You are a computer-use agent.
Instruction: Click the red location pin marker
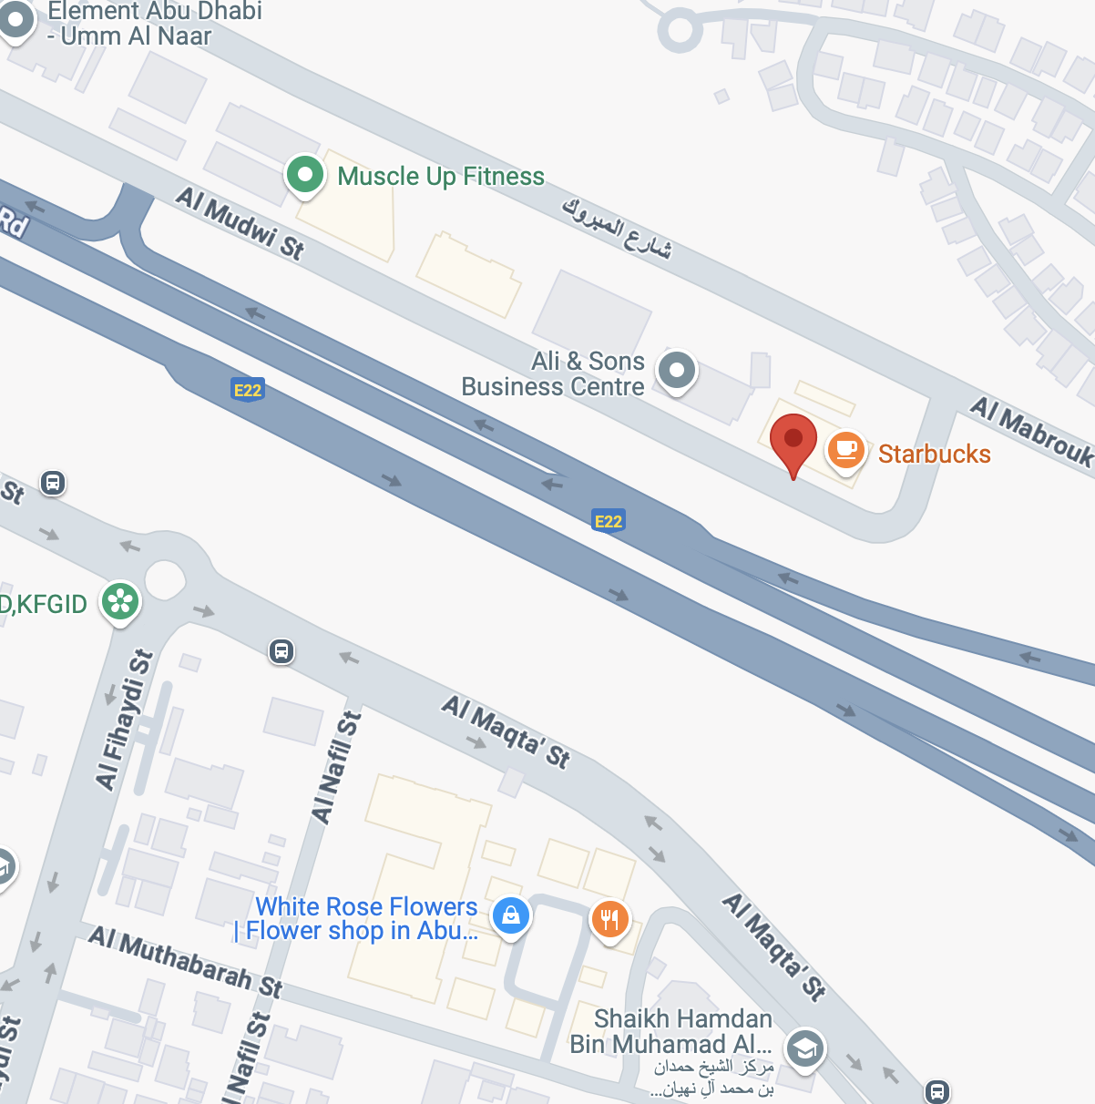(793, 441)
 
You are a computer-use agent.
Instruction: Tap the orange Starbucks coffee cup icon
(845, 450)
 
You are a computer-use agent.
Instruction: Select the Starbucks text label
(934, 454)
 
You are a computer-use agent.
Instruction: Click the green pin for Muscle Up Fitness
(305, 175)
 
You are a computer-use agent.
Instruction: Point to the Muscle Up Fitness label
(441, 176)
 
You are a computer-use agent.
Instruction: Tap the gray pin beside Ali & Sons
(676, 371)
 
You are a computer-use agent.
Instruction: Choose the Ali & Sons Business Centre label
(553, 374)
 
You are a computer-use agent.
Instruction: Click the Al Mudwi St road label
(240, 222)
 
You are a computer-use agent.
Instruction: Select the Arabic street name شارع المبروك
(617, 229)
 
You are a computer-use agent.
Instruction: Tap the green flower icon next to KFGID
(120, 602)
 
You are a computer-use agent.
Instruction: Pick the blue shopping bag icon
(511, 915)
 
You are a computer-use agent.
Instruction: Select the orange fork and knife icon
(609, 919)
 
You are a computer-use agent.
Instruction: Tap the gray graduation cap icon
(804, 1048)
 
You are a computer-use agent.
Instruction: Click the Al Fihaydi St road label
(124, 721)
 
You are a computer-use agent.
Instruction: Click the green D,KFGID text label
(44, 604)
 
